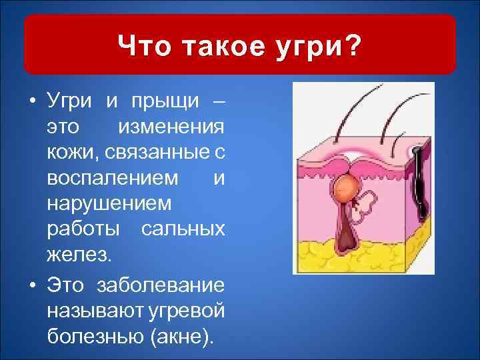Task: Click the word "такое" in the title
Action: click(227, 47)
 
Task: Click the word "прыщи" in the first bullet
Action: click(161, 101)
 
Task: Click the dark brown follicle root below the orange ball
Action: click(347, 230)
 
